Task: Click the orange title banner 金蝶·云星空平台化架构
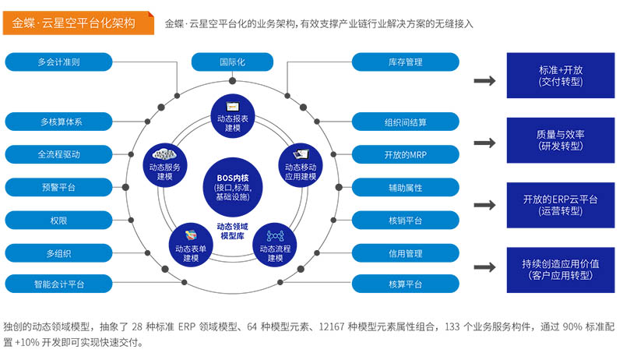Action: click(75, 23)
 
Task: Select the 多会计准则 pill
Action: click(58, 62)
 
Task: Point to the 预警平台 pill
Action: click(58, 187)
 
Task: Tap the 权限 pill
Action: click(58, 221)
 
